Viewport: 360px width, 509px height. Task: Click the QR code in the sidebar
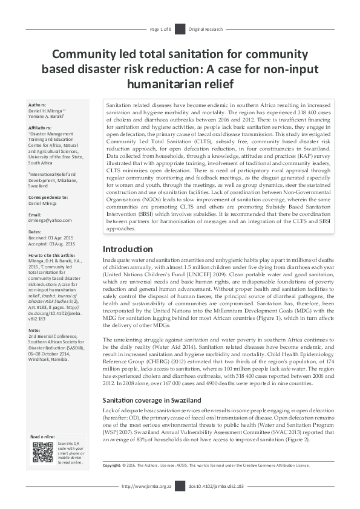click(42, 452)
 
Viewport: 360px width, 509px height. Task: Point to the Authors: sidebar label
click(39, 105)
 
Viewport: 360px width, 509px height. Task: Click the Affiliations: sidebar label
click(42, 128)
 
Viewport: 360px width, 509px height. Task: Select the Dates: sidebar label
click(36, 232)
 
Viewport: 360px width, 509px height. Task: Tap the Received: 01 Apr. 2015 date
click(54, 238)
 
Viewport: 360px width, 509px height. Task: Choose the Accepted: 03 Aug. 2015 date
click(55, 244)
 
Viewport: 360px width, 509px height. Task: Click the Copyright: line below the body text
click(206, 465)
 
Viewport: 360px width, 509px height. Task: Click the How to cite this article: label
click(52, 256)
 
